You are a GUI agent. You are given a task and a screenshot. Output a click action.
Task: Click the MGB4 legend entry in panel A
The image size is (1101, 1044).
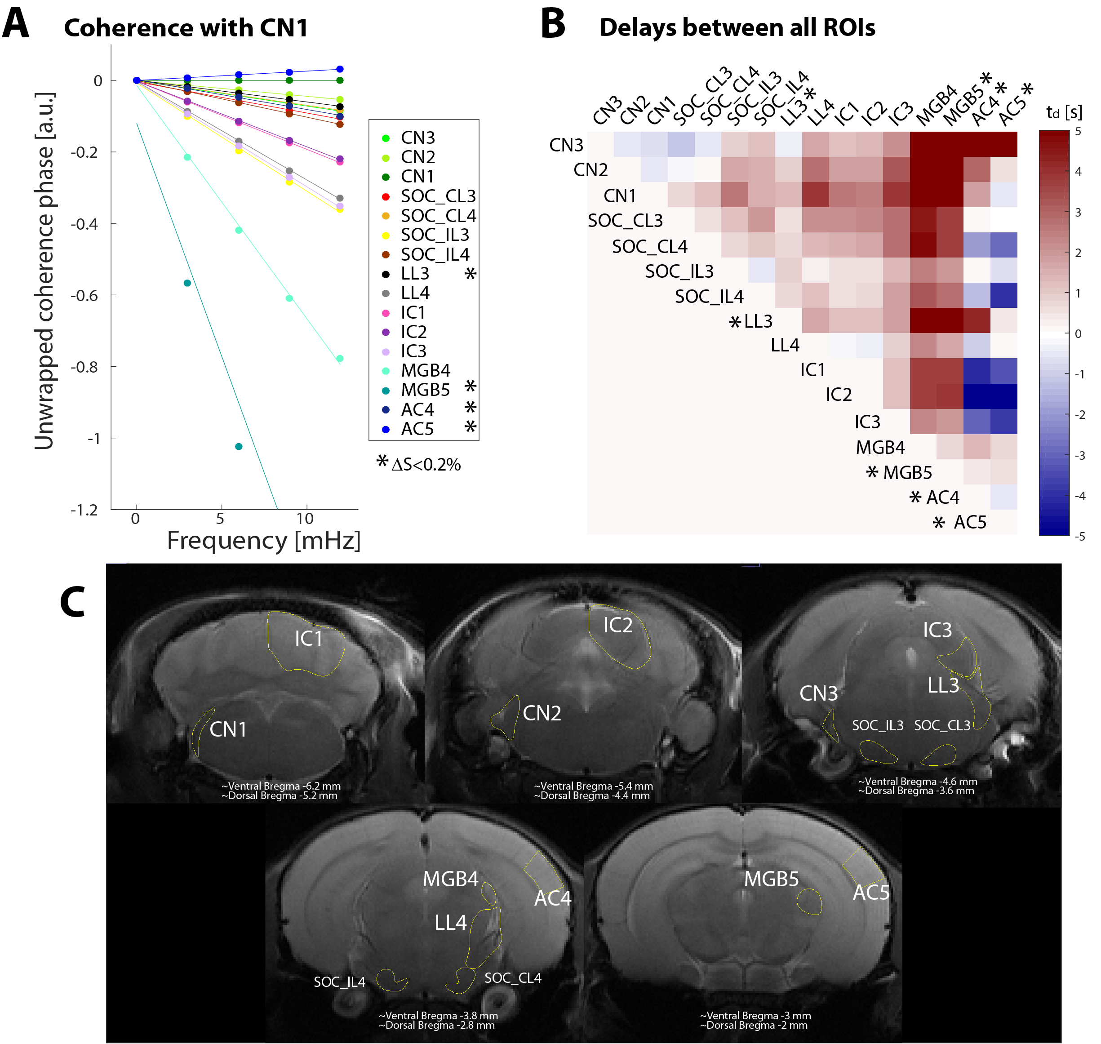pyautogui.click(x=425, y=371)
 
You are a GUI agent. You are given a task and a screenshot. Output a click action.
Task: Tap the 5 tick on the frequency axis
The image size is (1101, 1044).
pyautogui.click(x=220, y=519)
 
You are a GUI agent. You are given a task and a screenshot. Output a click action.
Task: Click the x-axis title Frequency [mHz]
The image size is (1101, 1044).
pyautogui.click(x=264, y=540)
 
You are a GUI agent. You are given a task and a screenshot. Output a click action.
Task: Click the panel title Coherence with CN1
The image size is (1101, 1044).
pyautogui.click(x=186, y=28)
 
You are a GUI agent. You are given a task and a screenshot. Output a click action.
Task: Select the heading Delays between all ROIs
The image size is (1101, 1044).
pyautogui.click(x=737, y=28)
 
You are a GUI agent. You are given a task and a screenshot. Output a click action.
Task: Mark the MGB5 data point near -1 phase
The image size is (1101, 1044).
pyautogui.click(x=239, y=446)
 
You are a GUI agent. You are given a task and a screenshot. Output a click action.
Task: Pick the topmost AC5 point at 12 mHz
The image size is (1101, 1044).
pyautogui.click(x=340, y=69)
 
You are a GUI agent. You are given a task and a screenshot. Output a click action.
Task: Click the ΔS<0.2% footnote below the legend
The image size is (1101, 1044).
pyautogui.click(x=426, y=464)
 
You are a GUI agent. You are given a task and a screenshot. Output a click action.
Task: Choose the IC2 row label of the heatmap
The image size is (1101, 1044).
pyautogui.click(x=839, y=395)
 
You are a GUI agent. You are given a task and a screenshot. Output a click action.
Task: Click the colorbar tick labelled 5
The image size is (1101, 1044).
pyautogui.click(x=1078, y=131)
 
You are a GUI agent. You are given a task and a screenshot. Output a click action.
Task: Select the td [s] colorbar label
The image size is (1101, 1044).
pyautogui.click(x=1064, y=112)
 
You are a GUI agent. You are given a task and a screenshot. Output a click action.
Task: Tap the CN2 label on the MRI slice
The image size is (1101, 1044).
pyautogui.click(x=542, y=713)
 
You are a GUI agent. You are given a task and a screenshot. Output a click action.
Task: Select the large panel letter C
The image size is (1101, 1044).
pyautogui.click(x=72, y=602)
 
